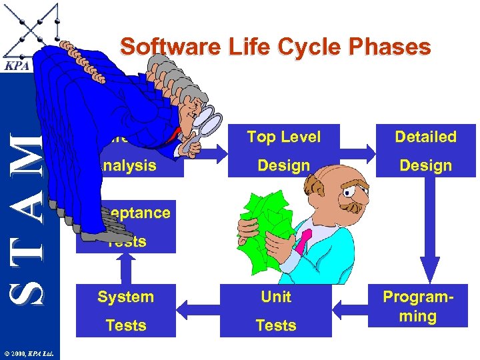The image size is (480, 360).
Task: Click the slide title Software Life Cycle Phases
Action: pyautogui.click(x=275, y=47)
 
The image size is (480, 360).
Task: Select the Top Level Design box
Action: pyautogui.click(x=283, y=151)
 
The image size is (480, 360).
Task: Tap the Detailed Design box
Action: pyautogui.click(x=425, y=151)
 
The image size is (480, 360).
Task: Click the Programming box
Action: pyautogui.click(x=418, y=307)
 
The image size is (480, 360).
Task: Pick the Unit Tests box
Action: pyautogui.click(x=275, y=311)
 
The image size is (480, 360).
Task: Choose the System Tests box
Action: pyautogui.click(x=125, y=311)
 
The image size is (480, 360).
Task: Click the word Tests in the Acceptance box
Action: pyautogui.click(x=127, y=242)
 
